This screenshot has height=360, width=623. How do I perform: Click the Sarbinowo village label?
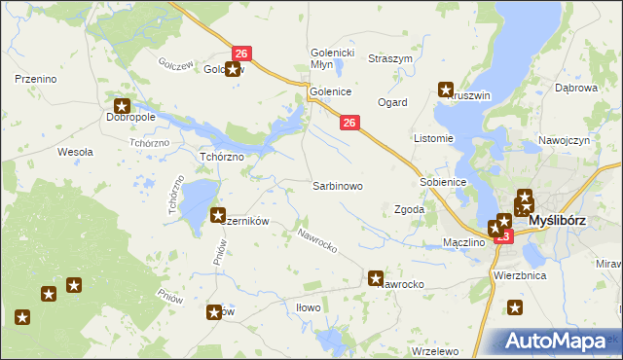(x=338, y=185)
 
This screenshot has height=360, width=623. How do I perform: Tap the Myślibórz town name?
(x=557, y=221)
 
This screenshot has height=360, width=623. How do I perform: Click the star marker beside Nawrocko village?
(x=377, y=278)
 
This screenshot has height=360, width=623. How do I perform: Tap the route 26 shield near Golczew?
(x=242, y=54)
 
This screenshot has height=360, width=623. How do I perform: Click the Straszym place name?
(x=390, y=58)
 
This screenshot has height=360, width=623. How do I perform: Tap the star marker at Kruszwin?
(x=447, y=90)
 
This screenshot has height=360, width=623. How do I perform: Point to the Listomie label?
(x=434, y=138)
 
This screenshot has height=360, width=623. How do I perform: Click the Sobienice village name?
(x=444, y=182)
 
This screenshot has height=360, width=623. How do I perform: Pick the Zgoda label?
(x=408, y=209)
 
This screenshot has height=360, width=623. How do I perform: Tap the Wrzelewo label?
(x=435, y=350)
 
